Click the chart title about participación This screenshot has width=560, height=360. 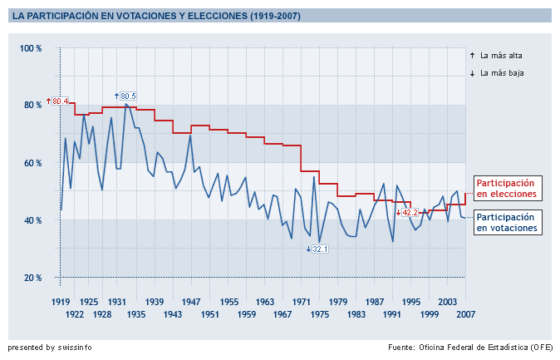(x=157, y=16)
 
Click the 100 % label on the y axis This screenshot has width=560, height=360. (x=31, y=48)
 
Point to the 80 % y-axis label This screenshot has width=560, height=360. (x=31, y=105)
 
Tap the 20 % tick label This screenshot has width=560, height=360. (x=31, y=277)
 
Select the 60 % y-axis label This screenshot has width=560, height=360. (x=31, y=163)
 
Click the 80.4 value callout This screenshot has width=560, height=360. (x=60, y=101)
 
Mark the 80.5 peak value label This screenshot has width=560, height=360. (x=127, y=96)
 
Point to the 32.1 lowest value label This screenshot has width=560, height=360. (x=320, y=249)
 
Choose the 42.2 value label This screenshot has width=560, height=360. (x=409, y=213)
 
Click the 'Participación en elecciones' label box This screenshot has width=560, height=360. (x=506, y=188)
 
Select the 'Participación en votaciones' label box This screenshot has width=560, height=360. (x=506, y=221)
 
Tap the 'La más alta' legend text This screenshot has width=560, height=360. (x=501, y=56)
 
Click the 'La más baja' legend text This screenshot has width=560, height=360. (x=501, y=73)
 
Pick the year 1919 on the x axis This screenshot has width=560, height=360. (x=61, y=301)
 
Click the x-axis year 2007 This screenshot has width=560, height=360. (x=465, y=314)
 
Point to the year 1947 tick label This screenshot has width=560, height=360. (x=190, y=301)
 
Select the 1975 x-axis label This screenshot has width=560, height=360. (x=320, y=314)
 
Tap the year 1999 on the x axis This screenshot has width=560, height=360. (x=430, y=314)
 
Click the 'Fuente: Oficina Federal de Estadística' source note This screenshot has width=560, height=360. (x=471, y=346)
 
